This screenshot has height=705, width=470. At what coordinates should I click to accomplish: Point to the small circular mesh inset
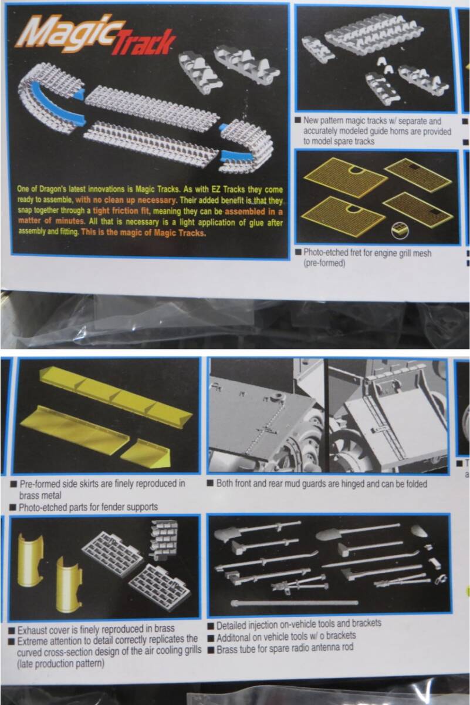(x=400, y=230)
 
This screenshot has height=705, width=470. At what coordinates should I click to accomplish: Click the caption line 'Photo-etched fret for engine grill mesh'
(x=367, y=253)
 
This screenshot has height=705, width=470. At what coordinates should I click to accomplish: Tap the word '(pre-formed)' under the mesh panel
(x=324, y=263)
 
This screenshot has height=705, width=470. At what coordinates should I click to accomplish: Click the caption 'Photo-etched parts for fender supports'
(x=88, y=506)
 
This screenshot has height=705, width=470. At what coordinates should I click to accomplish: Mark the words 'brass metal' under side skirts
(x=40, y=495)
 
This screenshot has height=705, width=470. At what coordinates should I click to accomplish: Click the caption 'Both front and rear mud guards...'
(x=322, y=484)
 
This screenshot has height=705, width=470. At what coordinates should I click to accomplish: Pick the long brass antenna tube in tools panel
(x=294, y=603)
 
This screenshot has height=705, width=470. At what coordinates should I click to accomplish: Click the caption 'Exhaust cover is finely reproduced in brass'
(x=96, y=629)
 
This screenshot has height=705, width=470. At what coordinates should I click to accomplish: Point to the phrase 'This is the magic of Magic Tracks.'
(x=144, y=233)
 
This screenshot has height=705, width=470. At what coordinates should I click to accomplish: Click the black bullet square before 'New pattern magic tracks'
(x=297, y=120)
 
